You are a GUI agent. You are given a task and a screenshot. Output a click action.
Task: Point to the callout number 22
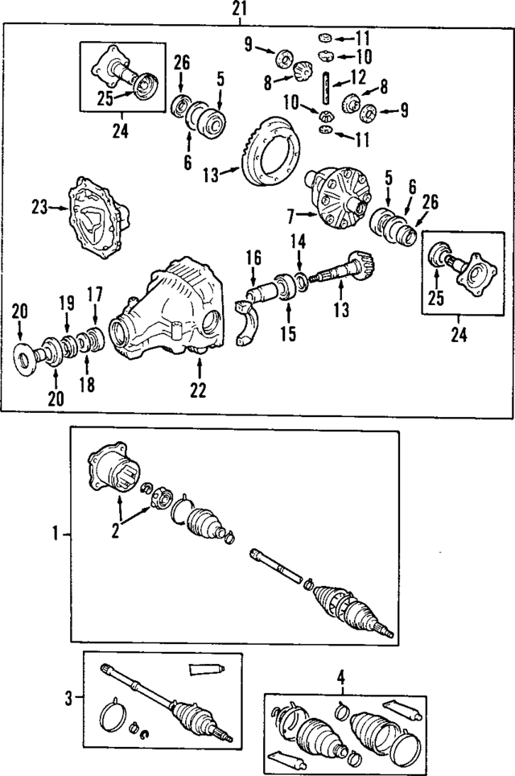[197, 390]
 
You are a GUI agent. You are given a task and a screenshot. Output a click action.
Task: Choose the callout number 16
[253, 258]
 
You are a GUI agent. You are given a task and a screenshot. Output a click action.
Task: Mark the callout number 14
[300, 240]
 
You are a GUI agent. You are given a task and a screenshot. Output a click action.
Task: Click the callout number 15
[288, 332]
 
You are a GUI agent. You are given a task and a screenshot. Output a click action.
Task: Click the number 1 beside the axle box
[56, 533]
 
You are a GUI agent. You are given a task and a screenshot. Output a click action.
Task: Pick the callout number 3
[68, 698]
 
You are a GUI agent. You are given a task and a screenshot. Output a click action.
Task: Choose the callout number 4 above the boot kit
[340, 678]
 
